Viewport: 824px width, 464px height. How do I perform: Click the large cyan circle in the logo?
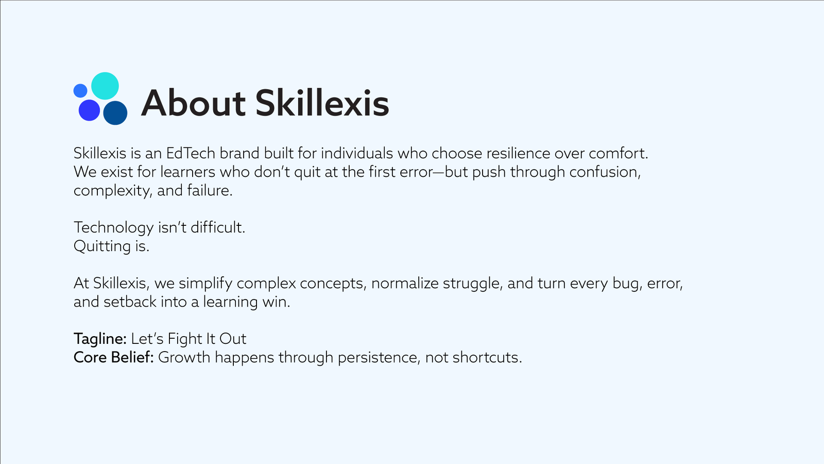(105, 86)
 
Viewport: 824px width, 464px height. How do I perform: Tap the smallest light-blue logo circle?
(80, 91)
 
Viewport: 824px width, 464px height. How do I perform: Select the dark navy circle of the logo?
(115, 113)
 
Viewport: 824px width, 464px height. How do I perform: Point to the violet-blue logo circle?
(90, 110)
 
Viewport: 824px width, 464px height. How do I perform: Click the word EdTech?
(191, 153)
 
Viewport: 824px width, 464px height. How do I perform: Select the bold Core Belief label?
(114, 357)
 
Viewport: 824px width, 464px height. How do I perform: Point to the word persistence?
(379, 358)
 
